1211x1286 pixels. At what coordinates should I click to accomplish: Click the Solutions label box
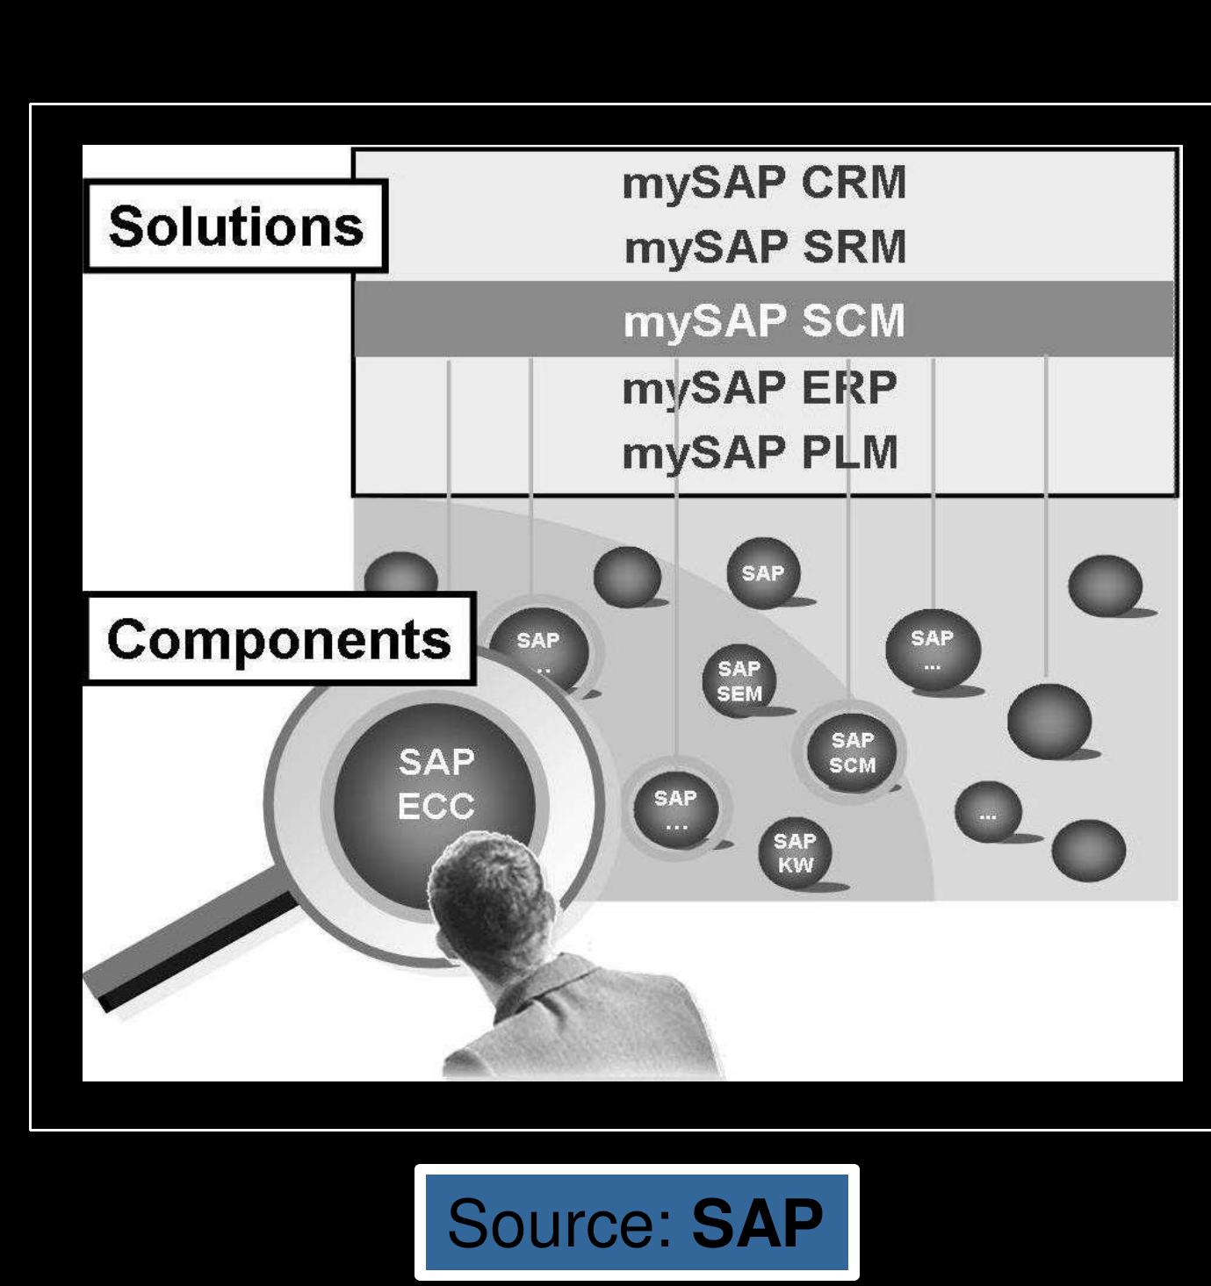click(x=235, y=226)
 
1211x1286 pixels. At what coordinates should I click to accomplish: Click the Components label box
click(x=279, y=638)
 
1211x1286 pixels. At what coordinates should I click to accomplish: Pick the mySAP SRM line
click(x=764, y=248)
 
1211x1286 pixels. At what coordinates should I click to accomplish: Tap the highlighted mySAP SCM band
click(x=764, y=320)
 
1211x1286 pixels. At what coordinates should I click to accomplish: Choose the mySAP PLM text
click(x=760, y=454)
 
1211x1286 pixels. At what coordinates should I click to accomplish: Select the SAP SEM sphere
click(x=739, y=681)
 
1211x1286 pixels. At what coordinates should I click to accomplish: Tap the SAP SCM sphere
click(x=852, y=752)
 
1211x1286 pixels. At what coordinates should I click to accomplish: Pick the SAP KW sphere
click(x=795, y=853)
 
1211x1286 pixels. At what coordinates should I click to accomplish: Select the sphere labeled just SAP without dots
click(x=762, y=573)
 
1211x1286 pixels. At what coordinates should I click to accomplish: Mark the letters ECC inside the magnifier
click(x=436, y=806)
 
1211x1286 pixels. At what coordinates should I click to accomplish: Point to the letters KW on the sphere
click(x=796, y=865)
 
